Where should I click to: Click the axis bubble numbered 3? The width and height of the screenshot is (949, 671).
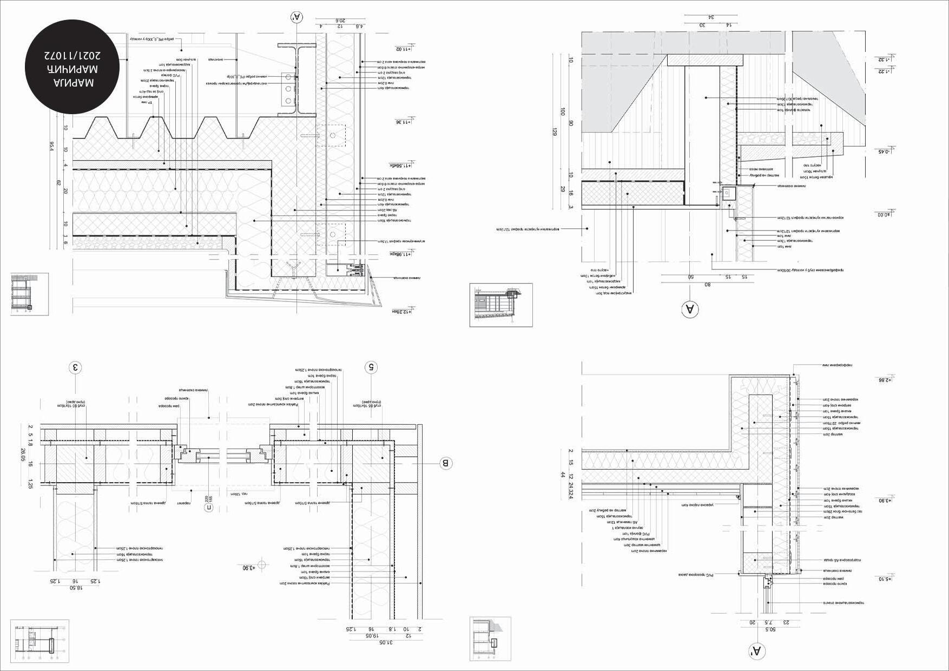click(76, 368)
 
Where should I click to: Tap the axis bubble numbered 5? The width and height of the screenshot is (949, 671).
click(371, 367)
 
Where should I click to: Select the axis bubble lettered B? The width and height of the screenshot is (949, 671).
click(446, 463)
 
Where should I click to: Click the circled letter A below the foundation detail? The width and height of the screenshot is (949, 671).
click(690, 310)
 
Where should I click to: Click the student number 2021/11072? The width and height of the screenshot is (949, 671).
click(73, 56)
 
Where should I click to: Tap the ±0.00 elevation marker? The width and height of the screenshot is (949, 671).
click(883, 214)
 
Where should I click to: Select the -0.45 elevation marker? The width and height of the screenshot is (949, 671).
click(884, 152)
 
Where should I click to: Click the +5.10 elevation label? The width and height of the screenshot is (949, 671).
click(884, 578)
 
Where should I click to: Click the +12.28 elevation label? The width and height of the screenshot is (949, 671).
click(403, 312)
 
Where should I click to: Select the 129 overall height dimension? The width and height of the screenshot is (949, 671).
click(554, 130)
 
